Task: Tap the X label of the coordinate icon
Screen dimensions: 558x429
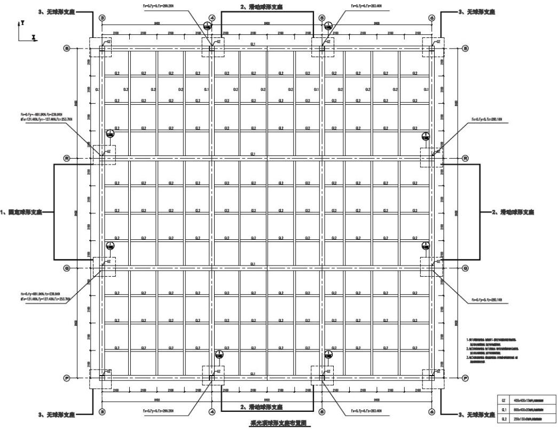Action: coord(34,38)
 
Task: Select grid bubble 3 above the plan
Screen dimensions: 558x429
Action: coord(103,18)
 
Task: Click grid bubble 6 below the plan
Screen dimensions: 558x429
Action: coord(431,411)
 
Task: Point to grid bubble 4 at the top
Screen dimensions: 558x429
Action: coord(212,18)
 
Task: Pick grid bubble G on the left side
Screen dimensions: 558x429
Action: coord(67,268)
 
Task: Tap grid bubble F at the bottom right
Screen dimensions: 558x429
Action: coord(465,378)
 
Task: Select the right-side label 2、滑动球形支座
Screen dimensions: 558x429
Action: coord(513,212)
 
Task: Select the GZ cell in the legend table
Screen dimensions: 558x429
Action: coord(504,399)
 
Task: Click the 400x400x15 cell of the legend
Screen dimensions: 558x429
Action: coord(533,399)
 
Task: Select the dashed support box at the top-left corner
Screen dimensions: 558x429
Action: coord(101,48)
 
